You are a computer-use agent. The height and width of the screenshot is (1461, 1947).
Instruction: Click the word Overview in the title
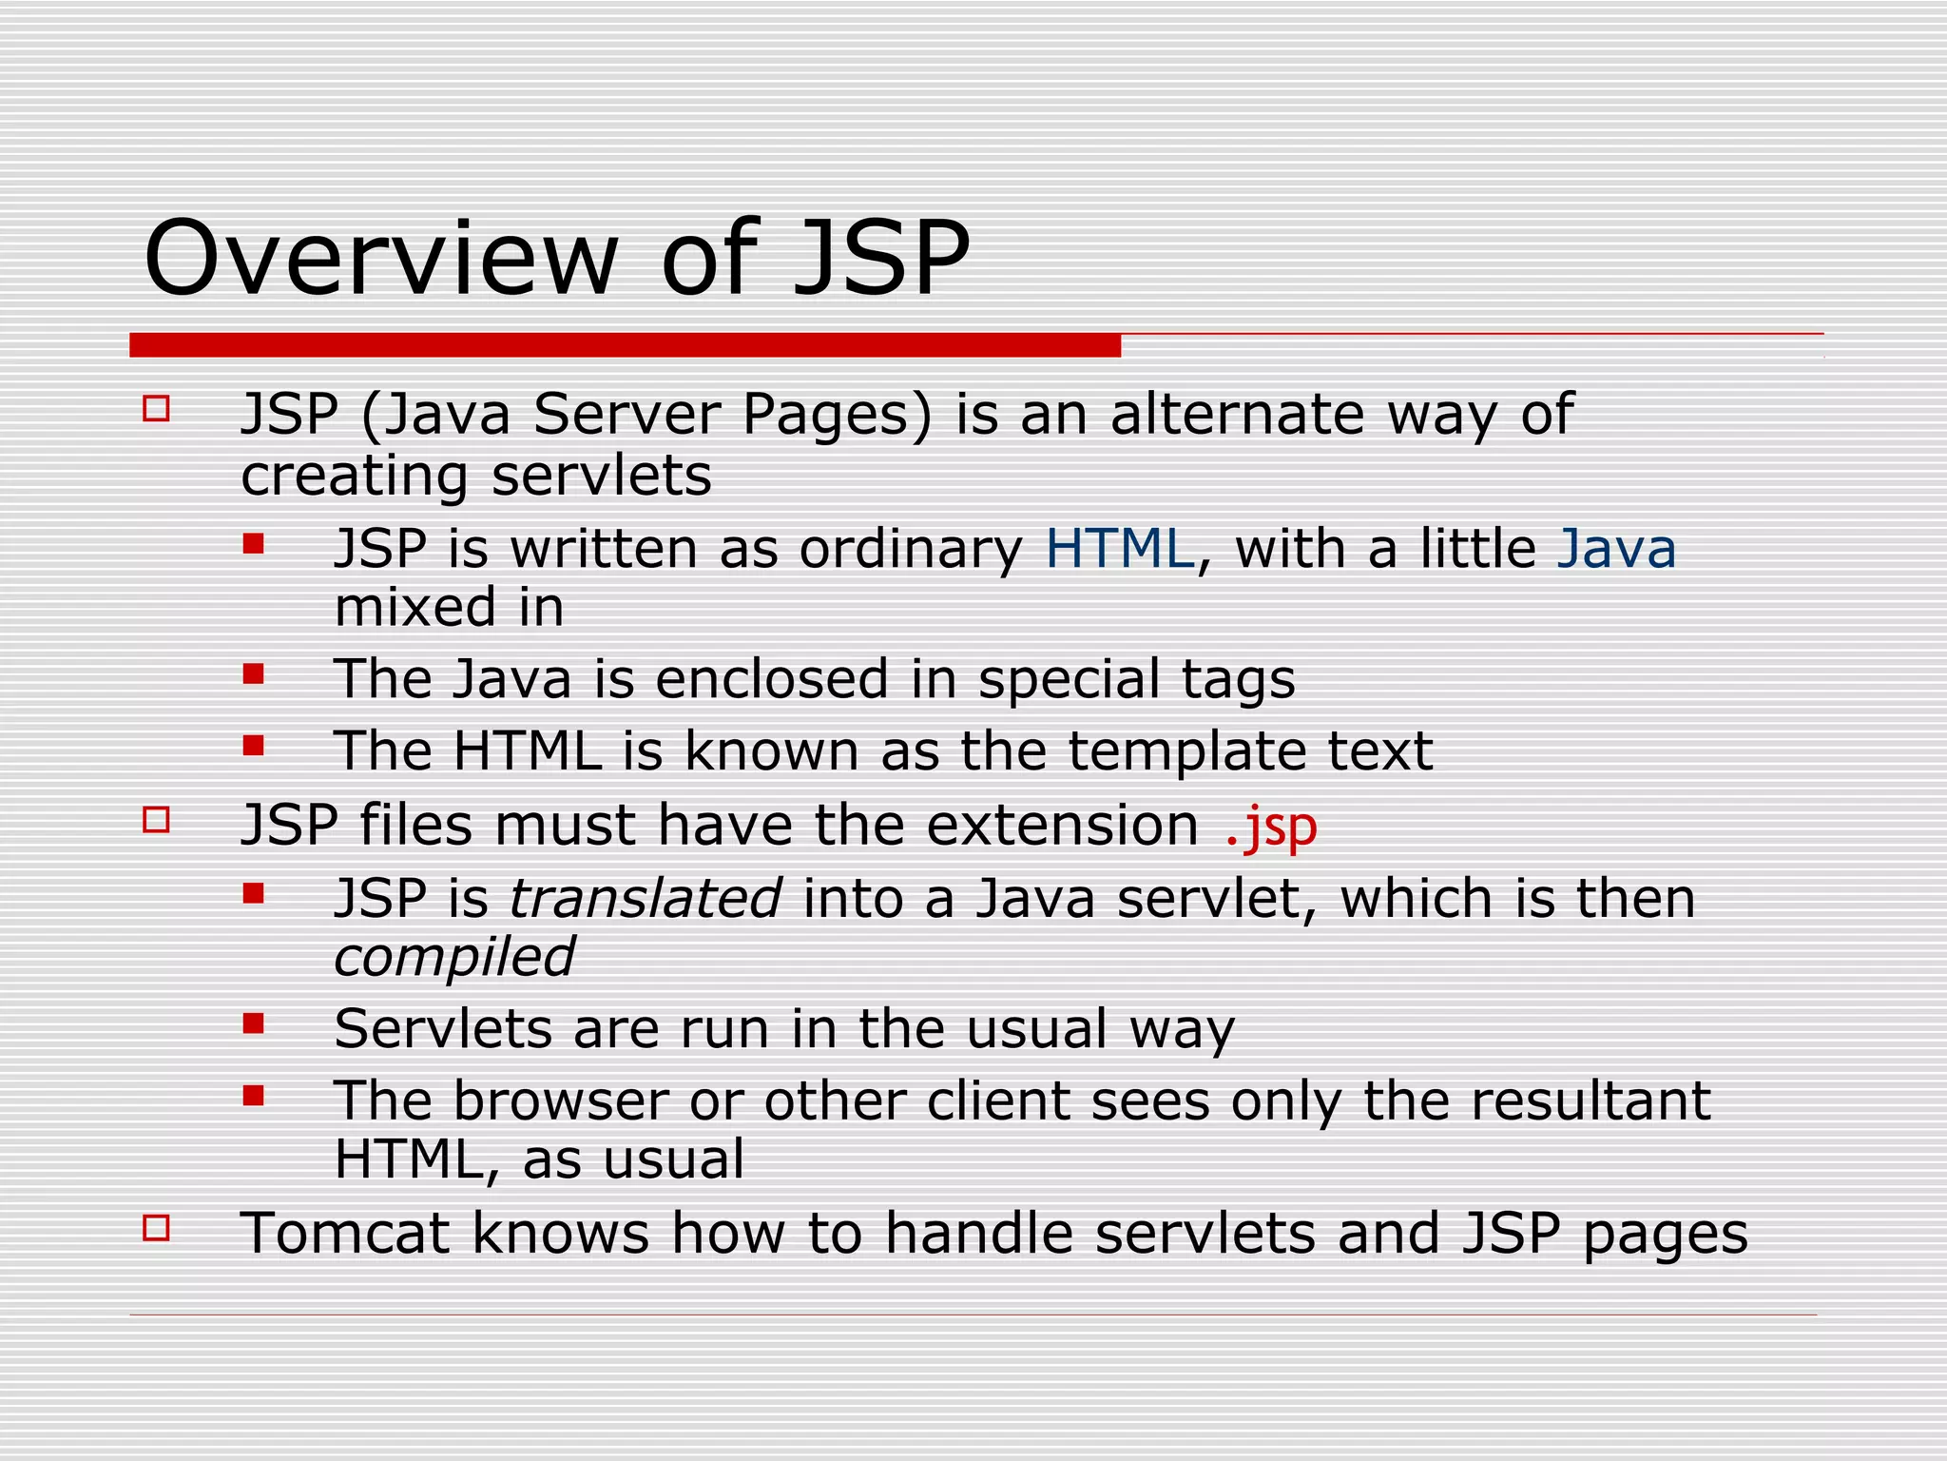click(x=380, y=259)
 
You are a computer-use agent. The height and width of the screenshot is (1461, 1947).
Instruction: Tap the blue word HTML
click(x=1119, y=549)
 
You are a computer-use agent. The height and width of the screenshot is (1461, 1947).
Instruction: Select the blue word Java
click(x=1616, y=549)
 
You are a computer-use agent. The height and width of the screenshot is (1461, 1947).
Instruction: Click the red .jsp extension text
click(x=1271, y=826)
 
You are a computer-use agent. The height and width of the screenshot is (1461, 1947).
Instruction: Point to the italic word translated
click(x=646, y=899)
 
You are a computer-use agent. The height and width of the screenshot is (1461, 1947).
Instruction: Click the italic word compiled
click(x=454, y=957)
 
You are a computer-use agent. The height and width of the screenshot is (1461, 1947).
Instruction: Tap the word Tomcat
click(x=344, y=1233)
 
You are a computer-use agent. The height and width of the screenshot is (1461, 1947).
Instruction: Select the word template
click(x=1186, y=751)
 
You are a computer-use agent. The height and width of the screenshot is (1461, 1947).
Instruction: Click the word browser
click(x=560, y=1101)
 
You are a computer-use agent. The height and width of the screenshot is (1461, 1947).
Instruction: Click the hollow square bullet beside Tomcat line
click(x=156, y=1227)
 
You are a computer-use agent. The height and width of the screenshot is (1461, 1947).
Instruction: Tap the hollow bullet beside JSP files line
click(x=156, y=819)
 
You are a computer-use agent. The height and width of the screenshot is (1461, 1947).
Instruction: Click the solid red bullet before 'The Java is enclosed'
click(x=253, y=674)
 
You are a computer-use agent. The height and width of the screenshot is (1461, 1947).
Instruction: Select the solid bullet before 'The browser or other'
click(x=253, y=1096)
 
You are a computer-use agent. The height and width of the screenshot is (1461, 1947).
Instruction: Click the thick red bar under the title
click(x=625, y=345)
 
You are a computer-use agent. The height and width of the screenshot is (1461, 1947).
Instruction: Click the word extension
click(x=1062, y=825)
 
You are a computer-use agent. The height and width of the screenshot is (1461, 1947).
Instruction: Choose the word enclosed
click(x=772, y=679)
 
